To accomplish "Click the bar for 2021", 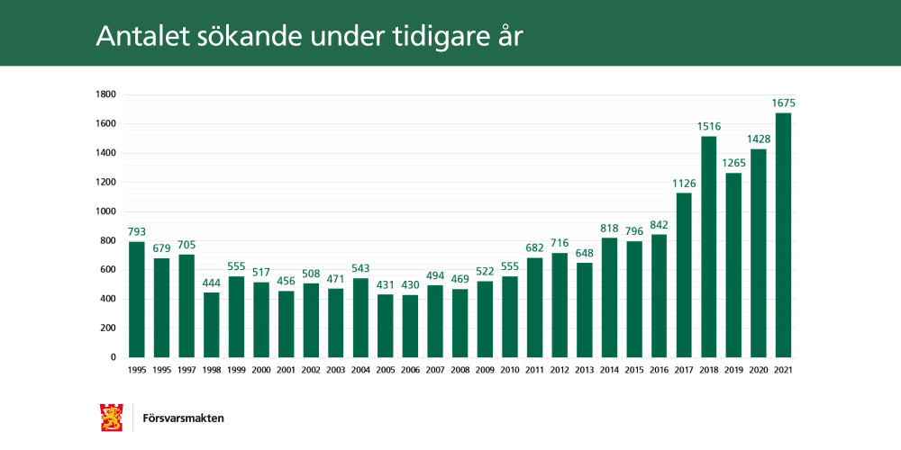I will [x=783, y=235].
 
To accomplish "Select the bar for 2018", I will [x=708, y=247].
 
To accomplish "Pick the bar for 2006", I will [x=410, y=326].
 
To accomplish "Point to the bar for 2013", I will [x=584, y=310].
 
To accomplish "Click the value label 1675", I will [x=783, y=103].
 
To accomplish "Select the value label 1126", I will [x=684, y=184].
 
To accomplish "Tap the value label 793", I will [x=137, y=232].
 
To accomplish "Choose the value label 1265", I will [x=733, y=163].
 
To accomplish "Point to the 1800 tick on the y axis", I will [x=105, y=94].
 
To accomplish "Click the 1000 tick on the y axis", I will [x=105, y=211].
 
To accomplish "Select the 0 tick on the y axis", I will [x=114, y=357].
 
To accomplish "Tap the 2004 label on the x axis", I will [x=360, y=370].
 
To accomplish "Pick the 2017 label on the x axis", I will [x=684, y=370].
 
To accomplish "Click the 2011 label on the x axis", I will [x=534, y=370].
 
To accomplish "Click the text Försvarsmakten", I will [x=184, y=418].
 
